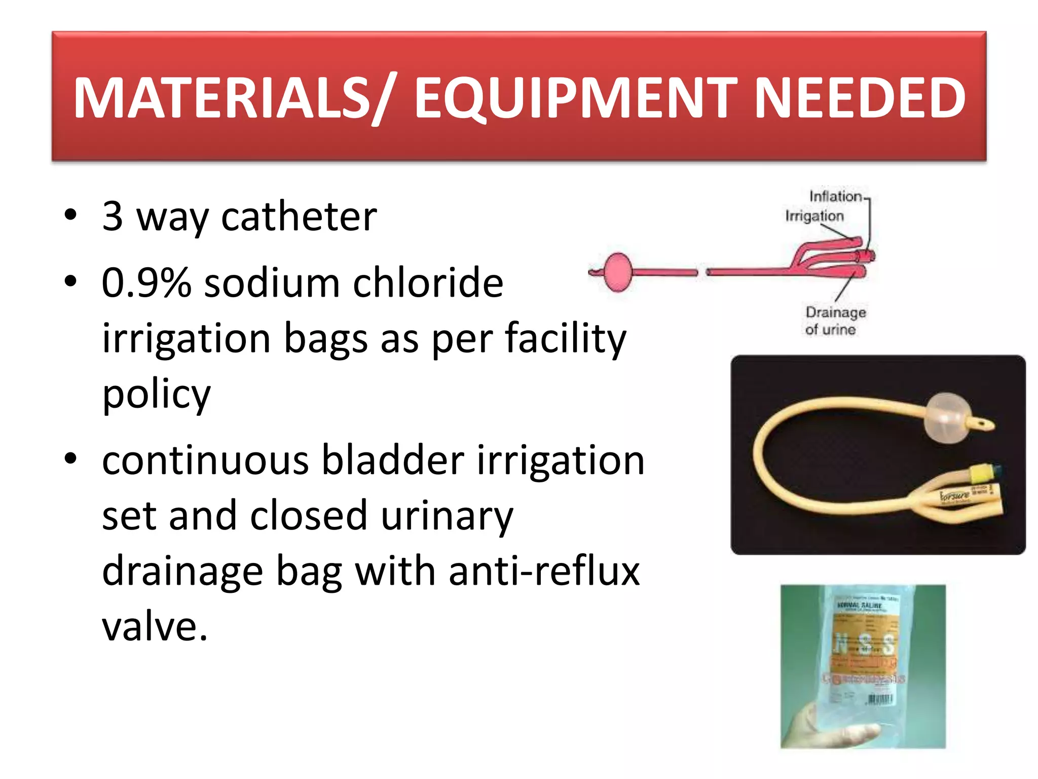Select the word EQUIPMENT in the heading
pos(575,97)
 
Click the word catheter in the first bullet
pos(299,217)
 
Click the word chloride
pos(428,282)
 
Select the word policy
pos(156,394)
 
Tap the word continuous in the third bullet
pos(205,460)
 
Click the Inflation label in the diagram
pos(835,196)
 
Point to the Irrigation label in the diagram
pos(814,216)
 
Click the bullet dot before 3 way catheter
pos(70,215)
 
